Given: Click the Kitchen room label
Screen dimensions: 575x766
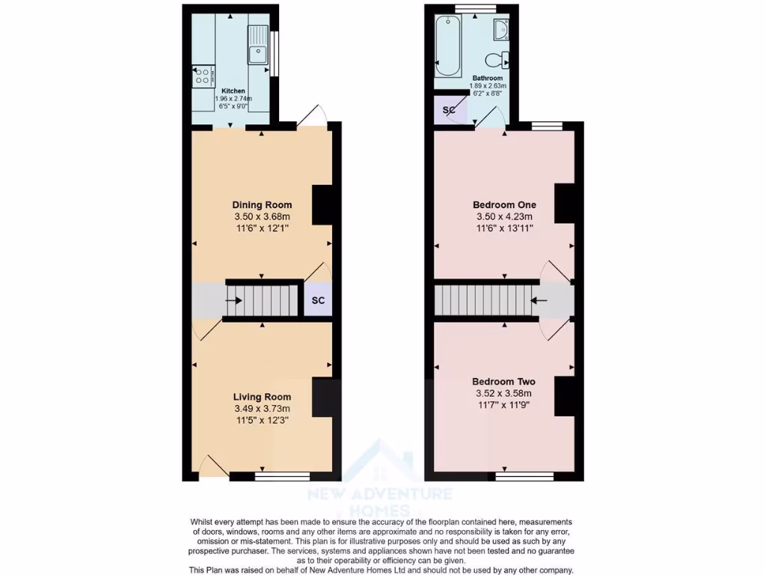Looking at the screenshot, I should (233, 91).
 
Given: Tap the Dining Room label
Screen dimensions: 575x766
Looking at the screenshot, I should (262, 205).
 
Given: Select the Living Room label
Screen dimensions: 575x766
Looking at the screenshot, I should (262, 397).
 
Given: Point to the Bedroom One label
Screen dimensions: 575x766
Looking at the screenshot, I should (503, 205).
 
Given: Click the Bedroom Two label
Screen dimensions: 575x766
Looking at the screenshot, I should (503, 382).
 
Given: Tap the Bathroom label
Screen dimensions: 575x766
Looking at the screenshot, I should (487, 78).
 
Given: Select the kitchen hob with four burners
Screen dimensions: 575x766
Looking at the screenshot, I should (203, 75).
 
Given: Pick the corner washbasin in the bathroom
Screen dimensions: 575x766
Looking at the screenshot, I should (501, 30).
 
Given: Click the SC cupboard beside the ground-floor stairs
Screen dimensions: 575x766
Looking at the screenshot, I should (318, 301).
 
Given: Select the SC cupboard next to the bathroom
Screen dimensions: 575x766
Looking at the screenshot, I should (450, 110).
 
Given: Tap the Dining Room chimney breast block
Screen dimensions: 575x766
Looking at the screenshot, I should (322, 204).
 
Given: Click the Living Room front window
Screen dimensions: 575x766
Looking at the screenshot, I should (282, 475).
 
